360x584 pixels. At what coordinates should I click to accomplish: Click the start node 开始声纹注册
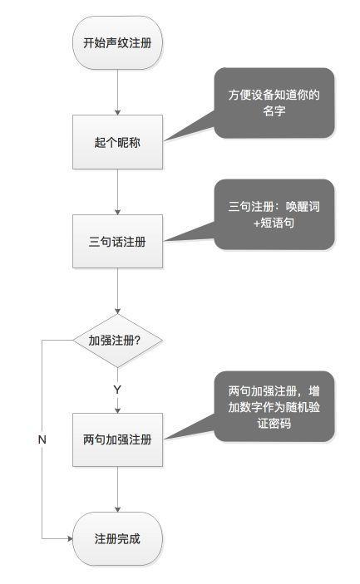click(117, 42)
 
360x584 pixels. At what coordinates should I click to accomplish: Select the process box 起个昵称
click(117, 142)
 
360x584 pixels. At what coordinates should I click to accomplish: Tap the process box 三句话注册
click(117, 242)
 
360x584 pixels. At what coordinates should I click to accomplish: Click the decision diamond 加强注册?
click(117, 341)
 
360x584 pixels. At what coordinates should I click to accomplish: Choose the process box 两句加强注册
click(117, 439)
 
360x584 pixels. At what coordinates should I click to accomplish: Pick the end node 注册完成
click(117, 538)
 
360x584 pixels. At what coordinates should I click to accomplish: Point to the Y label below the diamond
click(117, 390)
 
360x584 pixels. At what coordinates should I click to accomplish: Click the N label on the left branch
click(42, 439)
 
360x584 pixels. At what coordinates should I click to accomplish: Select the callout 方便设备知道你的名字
click(274, 103)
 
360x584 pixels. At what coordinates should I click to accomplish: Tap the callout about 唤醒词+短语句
click(274, 214)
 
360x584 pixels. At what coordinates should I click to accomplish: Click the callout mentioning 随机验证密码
click(274, 407)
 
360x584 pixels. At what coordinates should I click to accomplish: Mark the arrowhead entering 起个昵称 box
click(117, 112)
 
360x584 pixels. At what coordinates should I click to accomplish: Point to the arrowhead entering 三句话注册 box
click(117, 212)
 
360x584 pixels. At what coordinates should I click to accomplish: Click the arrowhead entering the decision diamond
click(117, 311)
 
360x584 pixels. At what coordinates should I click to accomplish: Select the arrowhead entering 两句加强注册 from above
click(117, 410)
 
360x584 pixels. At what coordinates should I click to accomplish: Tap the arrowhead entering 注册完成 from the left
click(70, 538)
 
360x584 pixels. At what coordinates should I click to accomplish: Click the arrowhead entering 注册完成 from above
click(117, 509)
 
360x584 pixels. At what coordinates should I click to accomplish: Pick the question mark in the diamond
click(137, 340)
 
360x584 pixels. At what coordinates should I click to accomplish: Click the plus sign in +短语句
click(256, 223)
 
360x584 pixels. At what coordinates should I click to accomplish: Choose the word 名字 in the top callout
click(274, 110)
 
